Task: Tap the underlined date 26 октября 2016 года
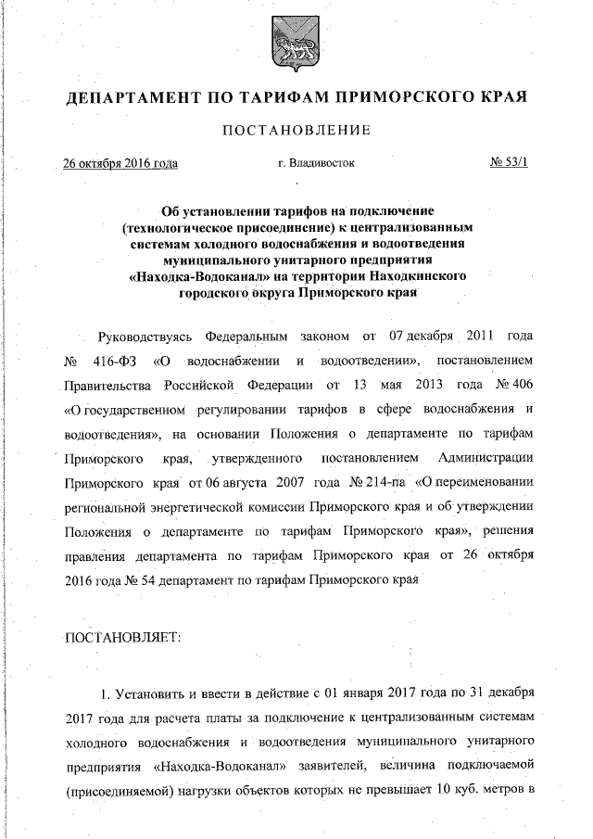[x=120, y=164]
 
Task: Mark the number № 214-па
[x=372, y=483]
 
